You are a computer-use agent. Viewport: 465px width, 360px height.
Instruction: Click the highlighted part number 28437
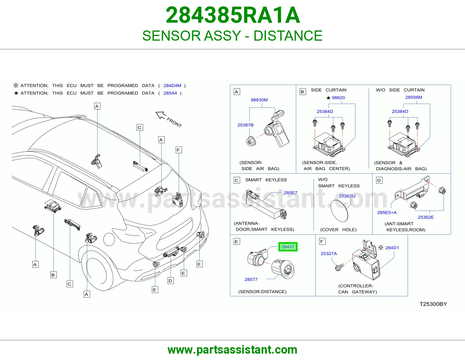(288, 247)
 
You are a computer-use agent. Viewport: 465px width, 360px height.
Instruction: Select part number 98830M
(259, 100)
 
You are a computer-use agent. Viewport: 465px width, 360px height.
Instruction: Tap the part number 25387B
(246, 125)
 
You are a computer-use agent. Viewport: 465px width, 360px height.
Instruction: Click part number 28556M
(414, 97)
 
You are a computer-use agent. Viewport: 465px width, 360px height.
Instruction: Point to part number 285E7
(290, 192)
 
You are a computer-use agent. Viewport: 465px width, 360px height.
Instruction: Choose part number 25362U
(347, 196)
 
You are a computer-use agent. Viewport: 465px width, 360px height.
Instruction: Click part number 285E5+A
(387, 213)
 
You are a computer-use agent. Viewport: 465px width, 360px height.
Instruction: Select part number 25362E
(426, 217)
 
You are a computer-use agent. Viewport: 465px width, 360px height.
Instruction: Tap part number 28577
(251, 279)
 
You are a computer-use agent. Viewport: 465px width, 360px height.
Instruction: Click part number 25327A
(329, 253)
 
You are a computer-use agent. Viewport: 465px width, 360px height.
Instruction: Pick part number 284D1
(392, 248)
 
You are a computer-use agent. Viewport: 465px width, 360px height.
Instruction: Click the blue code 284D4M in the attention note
(172, 86)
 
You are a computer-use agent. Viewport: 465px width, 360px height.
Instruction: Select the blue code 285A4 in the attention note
(170, 93)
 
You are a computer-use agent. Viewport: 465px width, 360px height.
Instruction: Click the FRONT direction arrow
(161, 115)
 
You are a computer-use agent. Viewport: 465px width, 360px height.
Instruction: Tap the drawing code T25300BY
(433, 304)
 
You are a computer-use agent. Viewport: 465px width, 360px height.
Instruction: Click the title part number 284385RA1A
(233, 15)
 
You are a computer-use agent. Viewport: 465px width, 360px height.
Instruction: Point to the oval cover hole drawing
(339, 211)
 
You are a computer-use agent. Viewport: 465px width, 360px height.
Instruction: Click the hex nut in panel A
(251, 141)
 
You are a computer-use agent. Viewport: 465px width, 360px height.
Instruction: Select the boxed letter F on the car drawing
(178, 150)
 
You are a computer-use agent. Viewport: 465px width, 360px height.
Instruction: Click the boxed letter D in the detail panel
(379, 180)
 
